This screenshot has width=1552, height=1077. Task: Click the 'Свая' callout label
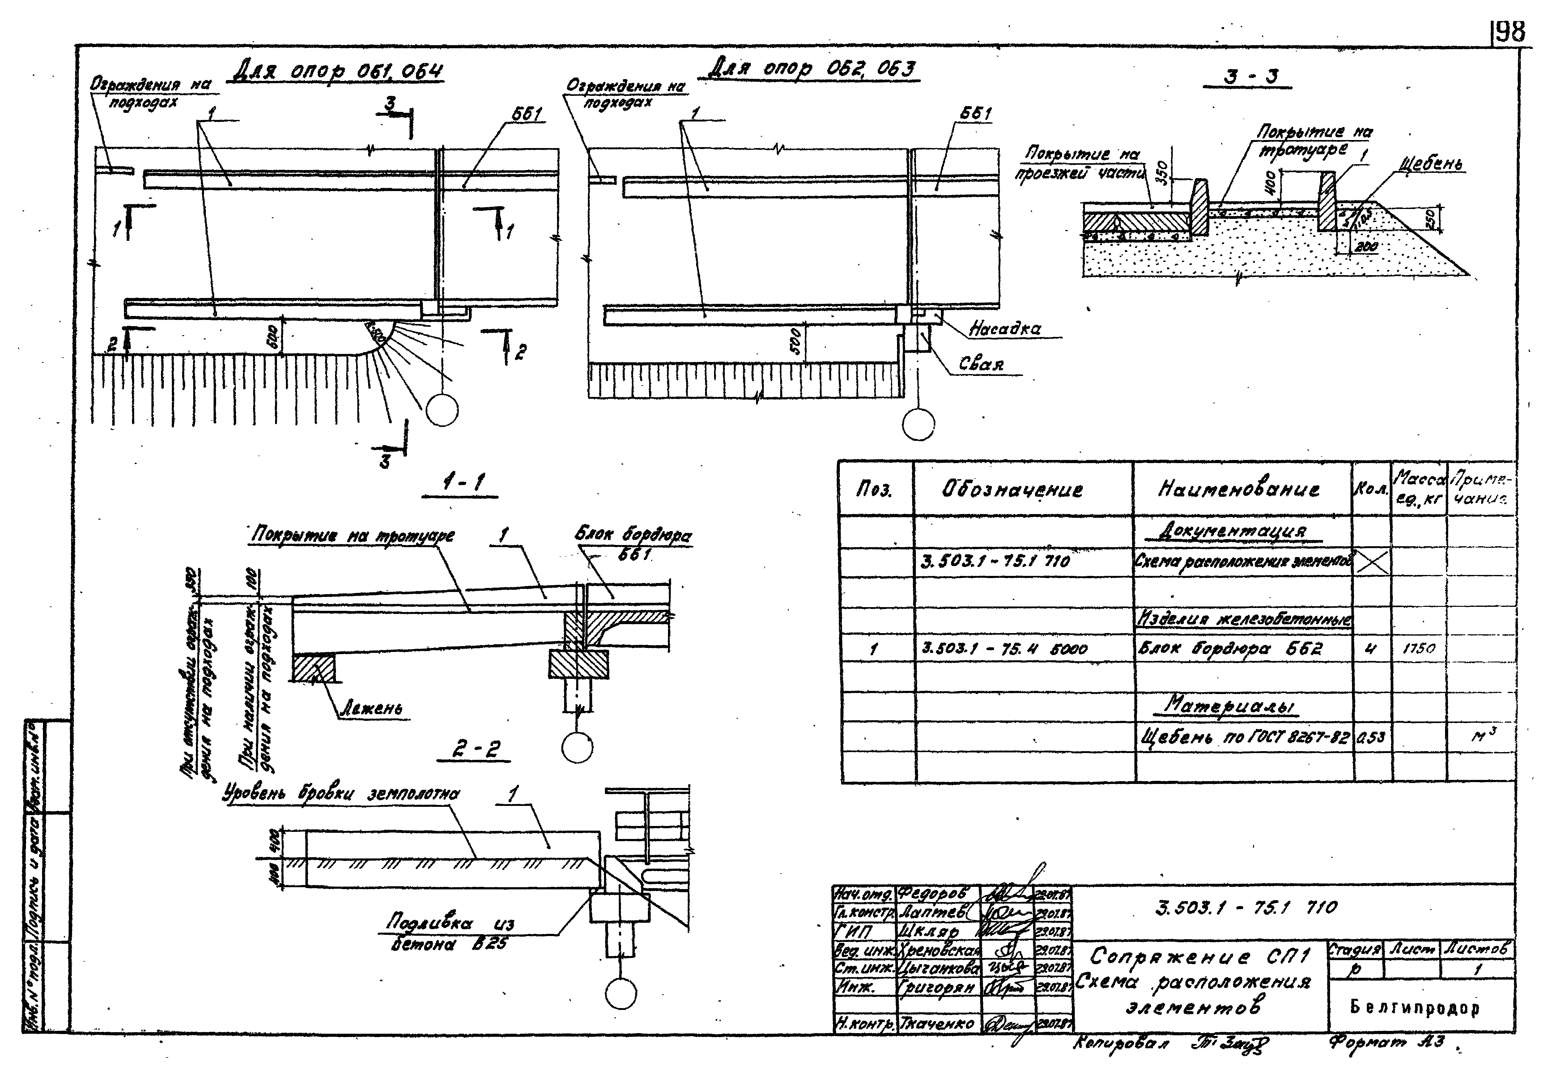point(981,364)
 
